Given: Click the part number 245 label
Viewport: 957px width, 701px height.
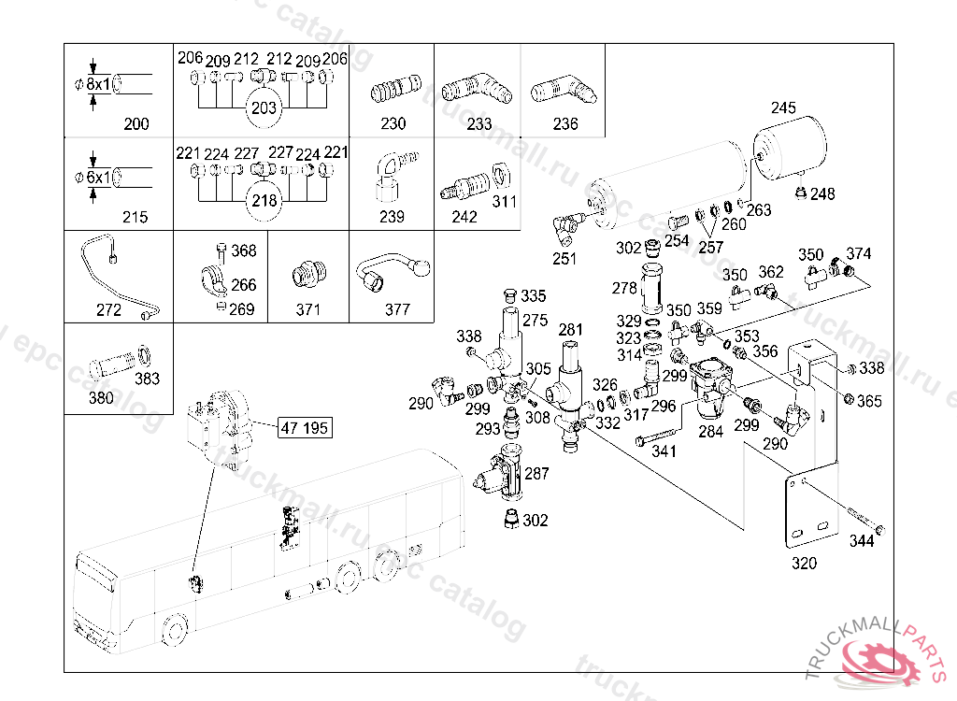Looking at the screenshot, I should (782, 107).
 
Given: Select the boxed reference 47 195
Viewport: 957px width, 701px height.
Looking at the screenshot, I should (305, 429).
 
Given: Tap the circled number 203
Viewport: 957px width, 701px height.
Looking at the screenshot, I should (264, 107).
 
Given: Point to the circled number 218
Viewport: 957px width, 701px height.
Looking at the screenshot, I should (264, 200).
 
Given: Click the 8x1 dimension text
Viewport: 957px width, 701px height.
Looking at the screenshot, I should (99, 84).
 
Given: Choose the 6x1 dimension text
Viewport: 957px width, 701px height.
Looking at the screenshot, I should (99, 177).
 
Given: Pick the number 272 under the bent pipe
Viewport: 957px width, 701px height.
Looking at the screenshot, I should (109, 310).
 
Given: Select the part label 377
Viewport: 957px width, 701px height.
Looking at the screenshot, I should (397, 310).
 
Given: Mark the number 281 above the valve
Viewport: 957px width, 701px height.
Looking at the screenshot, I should (570, 330).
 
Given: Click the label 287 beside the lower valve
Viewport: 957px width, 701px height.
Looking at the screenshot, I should (536, 474).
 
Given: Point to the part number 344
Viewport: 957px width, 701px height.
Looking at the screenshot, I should (862, 541).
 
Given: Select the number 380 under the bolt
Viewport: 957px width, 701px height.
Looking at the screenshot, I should (100, 397).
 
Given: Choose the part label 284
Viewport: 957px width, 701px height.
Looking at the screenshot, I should (710, 432).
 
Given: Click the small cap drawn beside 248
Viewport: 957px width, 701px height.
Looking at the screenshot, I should (801, 193).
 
